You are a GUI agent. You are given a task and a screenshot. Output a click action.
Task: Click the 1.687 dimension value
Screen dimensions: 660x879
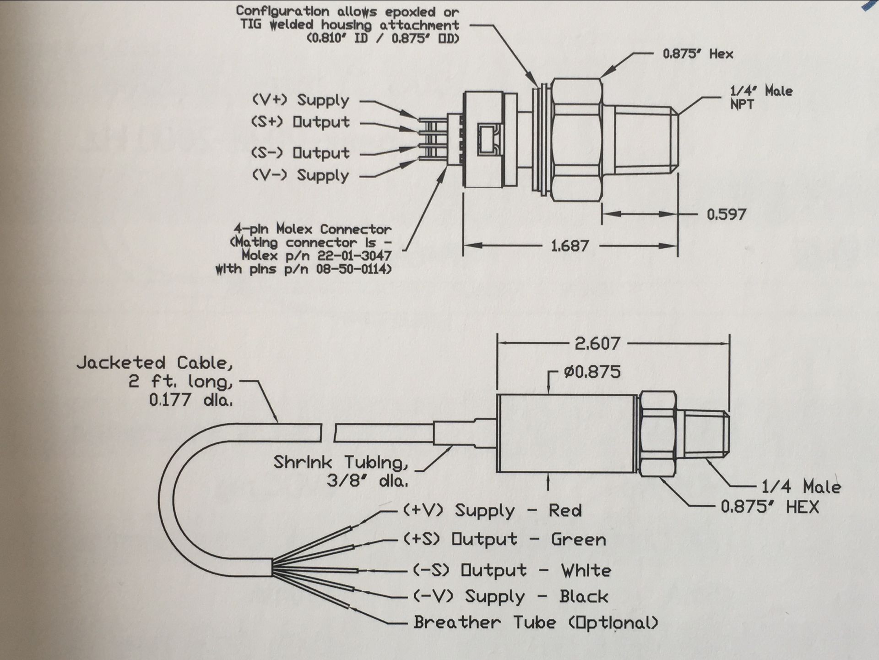(570, 246)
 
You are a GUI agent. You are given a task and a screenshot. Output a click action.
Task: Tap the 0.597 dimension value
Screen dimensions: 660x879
(726, 214)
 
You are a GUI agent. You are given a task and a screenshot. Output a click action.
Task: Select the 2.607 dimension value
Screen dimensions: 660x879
(597, 344)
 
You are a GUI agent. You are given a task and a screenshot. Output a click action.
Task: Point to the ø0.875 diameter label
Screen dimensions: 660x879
(592, 371)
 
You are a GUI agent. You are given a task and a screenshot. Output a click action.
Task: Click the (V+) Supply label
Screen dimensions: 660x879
(300, 100)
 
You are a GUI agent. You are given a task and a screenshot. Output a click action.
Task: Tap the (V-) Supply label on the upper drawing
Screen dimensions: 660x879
(300, 175)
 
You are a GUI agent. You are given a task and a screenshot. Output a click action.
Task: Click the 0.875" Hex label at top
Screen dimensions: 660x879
(698, 54)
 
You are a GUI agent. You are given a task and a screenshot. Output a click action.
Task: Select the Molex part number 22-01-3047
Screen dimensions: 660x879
(354, 255)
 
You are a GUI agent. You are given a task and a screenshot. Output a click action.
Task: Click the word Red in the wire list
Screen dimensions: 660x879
(565, 511)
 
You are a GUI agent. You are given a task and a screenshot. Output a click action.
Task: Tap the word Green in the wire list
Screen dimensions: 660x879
(578, 540)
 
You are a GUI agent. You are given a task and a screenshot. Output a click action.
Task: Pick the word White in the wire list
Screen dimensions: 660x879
(586, 571)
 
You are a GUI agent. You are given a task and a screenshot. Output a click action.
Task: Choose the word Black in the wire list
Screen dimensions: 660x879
(584, 596)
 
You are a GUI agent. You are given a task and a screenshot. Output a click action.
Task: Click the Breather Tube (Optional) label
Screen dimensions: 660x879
(535, 622)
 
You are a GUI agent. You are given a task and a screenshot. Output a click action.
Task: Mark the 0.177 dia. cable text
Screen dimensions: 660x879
(190, 400)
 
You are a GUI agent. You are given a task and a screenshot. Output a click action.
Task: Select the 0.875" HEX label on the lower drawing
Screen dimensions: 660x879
(769, 507)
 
